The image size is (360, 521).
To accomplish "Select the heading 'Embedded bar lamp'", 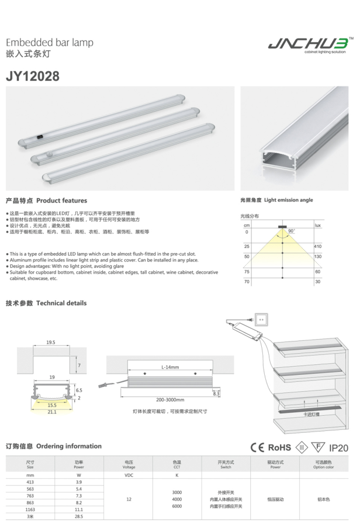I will [49, 43].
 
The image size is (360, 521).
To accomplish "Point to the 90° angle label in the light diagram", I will [292, 232].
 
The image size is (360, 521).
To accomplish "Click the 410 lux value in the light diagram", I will [318, 247].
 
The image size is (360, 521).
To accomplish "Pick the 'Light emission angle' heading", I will [288, 200].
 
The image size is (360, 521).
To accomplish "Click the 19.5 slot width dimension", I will [51, 342].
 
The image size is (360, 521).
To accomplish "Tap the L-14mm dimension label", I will [170, 367].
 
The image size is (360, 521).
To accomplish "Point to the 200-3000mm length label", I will [170, 400].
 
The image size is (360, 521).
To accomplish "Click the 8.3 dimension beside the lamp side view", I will [216, 394].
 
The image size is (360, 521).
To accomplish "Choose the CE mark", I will [257, 447].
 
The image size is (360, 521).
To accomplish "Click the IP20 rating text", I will [338, 448].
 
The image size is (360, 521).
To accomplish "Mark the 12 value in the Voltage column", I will [129, 499].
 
